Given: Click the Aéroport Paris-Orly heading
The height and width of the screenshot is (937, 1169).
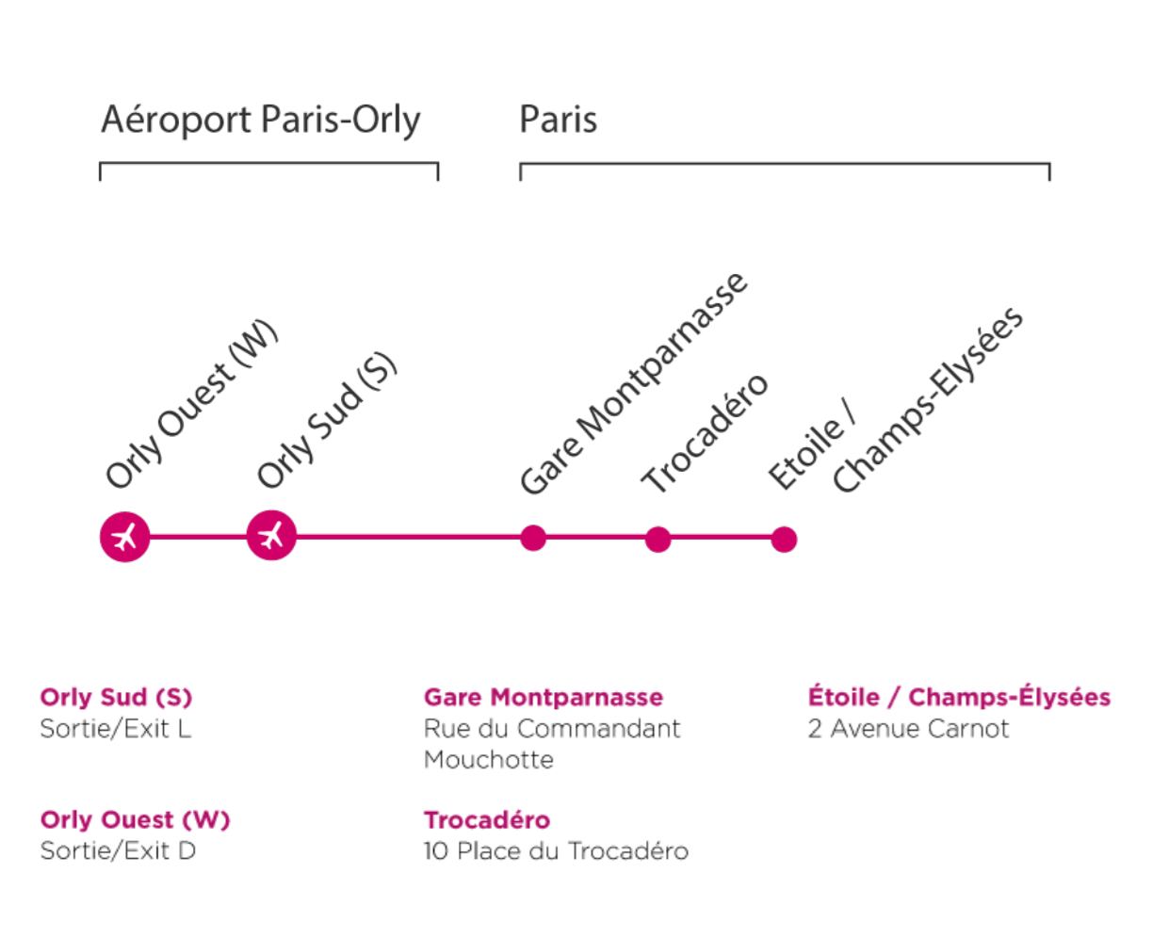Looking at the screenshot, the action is tap(261, 120).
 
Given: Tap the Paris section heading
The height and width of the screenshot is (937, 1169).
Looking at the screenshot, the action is tap(558, 119).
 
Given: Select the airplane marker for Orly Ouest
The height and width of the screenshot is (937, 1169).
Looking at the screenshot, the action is tap(125, 537).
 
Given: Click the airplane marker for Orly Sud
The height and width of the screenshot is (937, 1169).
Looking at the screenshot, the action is tap(271, 535).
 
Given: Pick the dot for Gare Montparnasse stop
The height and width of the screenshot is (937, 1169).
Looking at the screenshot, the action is tap(533, 538).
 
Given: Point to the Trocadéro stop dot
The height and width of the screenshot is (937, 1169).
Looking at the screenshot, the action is tap(658, 540).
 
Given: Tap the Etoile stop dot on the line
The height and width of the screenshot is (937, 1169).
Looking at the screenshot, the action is tap(784, 540).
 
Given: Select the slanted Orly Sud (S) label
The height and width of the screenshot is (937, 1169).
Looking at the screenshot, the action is tap(327, 420).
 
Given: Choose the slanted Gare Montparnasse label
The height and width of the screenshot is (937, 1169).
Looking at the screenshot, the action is tap(634, 383).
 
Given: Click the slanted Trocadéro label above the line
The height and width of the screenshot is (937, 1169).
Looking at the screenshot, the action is tap(705, 433).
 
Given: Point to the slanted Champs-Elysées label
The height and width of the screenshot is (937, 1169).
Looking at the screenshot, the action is tap(928, 400).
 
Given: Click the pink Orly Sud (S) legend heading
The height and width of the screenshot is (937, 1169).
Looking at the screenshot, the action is tap(116, 697).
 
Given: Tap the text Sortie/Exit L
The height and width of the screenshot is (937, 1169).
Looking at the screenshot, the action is tap(116, 729).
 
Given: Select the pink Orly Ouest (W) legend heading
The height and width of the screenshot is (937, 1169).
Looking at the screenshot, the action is tap(136, 819).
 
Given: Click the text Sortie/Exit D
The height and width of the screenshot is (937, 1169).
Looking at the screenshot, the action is tap(118, 850).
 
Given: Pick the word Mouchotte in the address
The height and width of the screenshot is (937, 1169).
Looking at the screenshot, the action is tap(488, 759).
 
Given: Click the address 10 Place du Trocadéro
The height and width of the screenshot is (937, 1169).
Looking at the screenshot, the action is tap(556, 850).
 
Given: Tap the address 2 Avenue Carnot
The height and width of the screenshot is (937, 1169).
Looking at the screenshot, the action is tap(908, 729).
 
